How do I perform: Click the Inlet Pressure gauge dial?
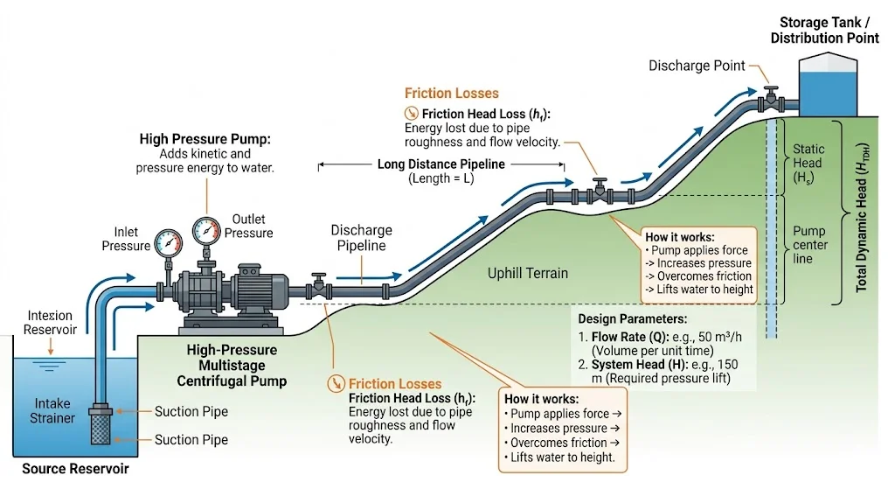coord(167,241)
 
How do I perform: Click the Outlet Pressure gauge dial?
coord(206,229)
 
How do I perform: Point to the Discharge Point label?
coord(697,66)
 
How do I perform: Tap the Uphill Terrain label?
coord(528,274)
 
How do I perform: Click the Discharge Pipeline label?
coord(361,238)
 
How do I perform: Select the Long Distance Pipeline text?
coord(441,164)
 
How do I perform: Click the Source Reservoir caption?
coord(75,469)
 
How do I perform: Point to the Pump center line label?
coord(808,245)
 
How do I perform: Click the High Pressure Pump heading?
coord(205,139)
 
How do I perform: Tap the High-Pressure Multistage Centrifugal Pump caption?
coord(232,366)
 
